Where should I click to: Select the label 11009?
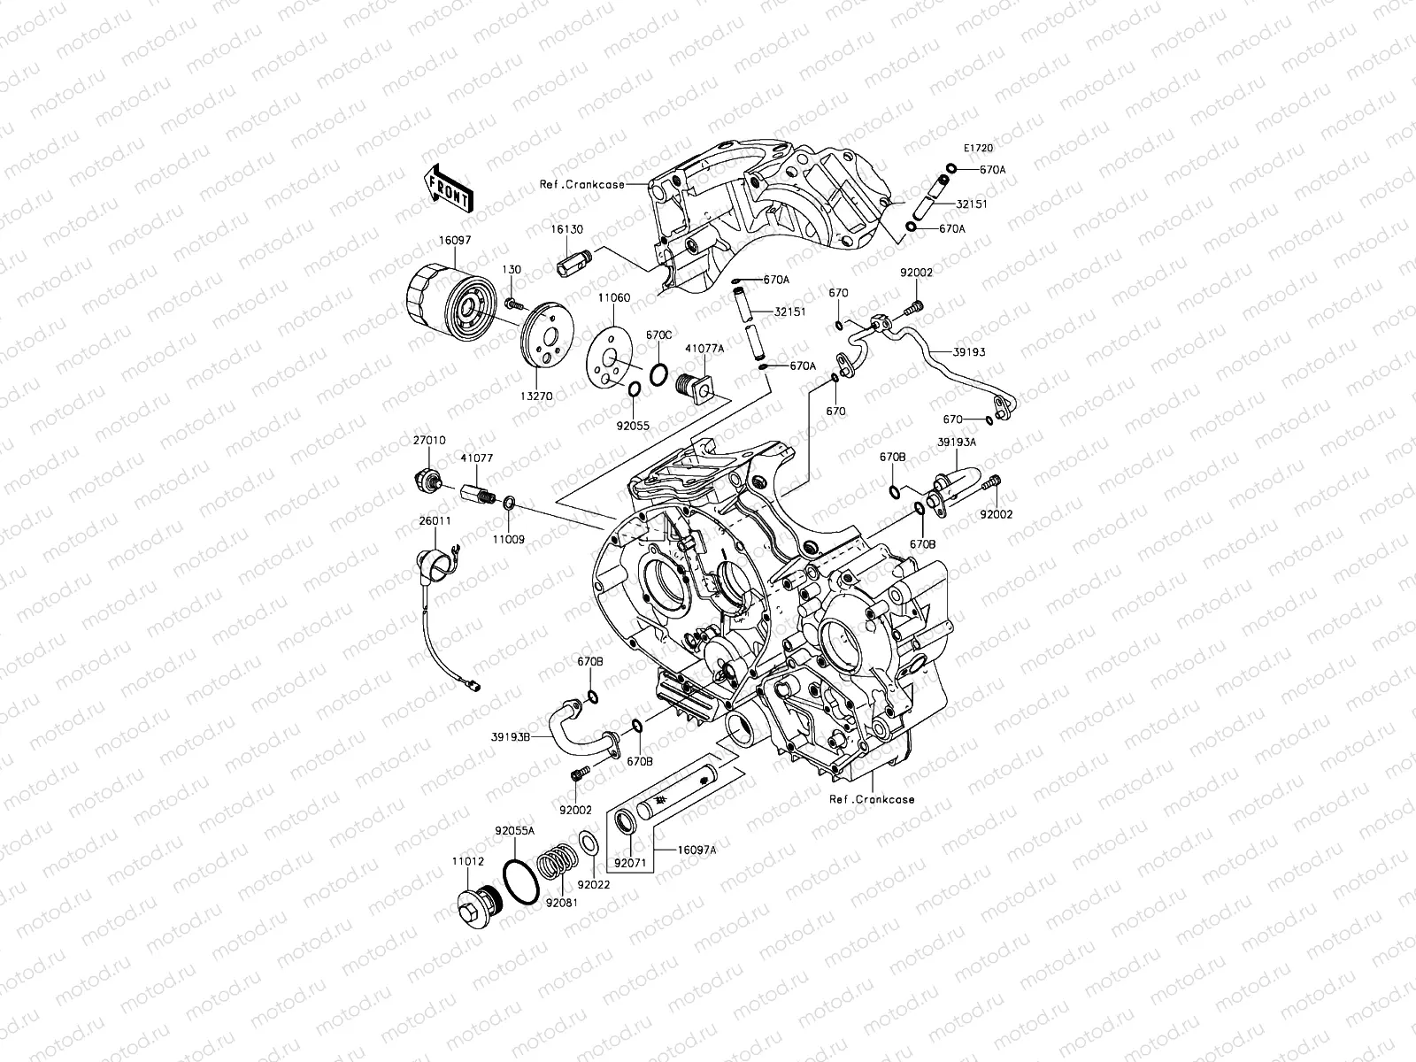[508, 538]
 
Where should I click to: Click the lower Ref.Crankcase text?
[872, 799]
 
